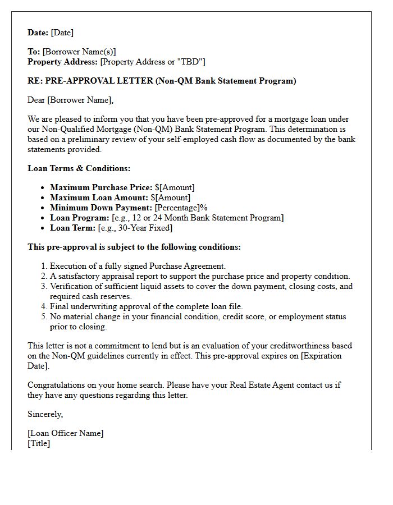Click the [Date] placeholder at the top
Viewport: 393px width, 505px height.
click(x=62, y=33)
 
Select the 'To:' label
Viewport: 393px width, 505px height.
click(x=34, y=52)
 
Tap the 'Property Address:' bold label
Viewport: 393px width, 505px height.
click(x=63, y=62)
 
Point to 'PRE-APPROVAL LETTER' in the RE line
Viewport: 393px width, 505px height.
click(x=99, y=81)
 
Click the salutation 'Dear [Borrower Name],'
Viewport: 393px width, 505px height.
click(x=70, y=100)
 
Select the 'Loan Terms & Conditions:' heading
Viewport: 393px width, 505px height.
click(x=79, y=168)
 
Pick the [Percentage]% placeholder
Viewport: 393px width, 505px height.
click(x=181, y=208)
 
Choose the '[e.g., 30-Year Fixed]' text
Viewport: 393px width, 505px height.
click(x=135, y=228)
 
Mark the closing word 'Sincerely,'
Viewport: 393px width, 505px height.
click(x=45, y=414)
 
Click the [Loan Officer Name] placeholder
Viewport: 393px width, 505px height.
click(x=66, y=433)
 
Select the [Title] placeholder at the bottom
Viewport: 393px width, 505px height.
click(x=39, y=443)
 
